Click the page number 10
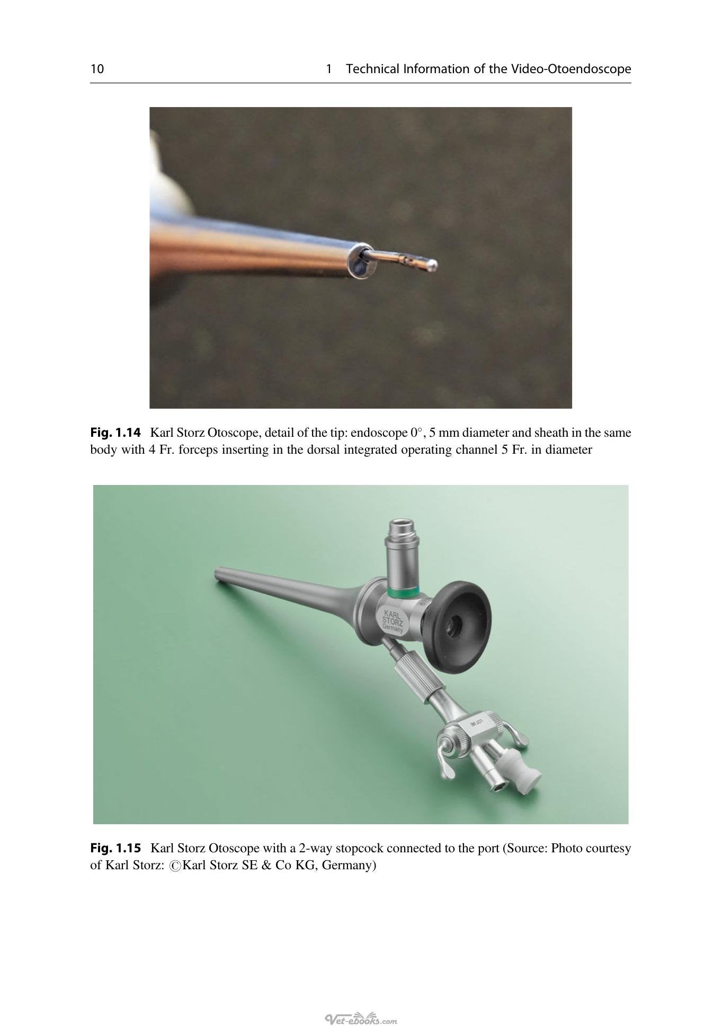coord(97,69)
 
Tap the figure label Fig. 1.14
coord(115,433)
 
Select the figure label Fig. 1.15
coord(115,848)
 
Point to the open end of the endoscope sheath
coord(360,261)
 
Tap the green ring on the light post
coord(403,592)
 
